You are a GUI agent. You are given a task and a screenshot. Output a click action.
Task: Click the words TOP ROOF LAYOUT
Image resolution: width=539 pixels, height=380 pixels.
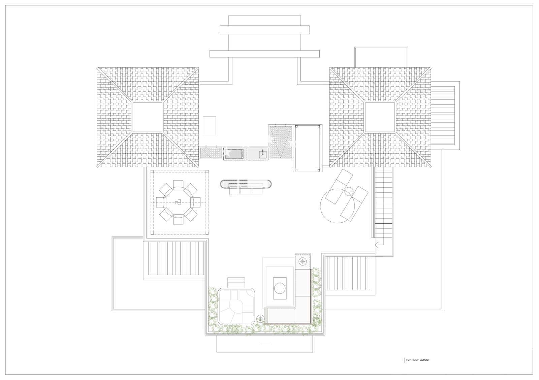(x=417, y=367)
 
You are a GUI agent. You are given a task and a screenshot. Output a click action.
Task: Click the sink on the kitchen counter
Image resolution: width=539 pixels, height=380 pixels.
(x=263, y=154)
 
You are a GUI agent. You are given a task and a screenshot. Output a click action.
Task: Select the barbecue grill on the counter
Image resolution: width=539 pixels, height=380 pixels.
(x=234, y=154)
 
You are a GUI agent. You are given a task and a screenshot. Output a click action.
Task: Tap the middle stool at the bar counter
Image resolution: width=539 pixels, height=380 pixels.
(x=246, y=191)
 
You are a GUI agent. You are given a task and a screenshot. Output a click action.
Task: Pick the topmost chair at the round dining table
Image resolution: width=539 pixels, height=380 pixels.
(x=178, y=184)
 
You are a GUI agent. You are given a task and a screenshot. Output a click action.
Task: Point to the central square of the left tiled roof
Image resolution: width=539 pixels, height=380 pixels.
(x=147, y=117)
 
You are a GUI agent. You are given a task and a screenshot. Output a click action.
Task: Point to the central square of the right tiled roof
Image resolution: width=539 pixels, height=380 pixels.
(x=380, y=117)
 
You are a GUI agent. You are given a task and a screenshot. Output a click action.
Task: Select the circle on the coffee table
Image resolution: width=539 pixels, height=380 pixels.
(x=280, y=288)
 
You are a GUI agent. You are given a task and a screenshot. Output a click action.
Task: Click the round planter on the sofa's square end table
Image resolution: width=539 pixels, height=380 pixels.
(x=303, y=261)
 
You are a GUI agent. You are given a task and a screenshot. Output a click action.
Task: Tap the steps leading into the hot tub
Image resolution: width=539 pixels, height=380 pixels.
(x=236, y=283)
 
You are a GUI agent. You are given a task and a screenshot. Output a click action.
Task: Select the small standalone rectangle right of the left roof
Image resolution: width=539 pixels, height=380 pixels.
(x=209, y=126)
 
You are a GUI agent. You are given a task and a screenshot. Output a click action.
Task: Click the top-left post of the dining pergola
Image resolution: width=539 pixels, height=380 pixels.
(x=152, y=171)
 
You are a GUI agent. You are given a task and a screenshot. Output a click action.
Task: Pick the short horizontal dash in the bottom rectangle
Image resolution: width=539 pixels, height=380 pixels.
(x=266, y=344)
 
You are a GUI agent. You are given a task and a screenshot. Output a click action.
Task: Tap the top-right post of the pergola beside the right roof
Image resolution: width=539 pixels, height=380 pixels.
(x=319, y=126)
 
